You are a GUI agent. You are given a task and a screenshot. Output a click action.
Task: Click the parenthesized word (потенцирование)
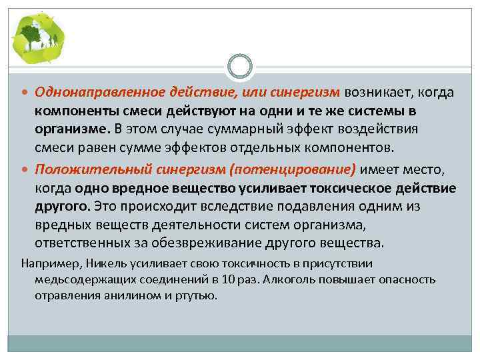point(299,171)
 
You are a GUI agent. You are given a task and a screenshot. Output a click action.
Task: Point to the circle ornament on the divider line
point(240,67)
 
